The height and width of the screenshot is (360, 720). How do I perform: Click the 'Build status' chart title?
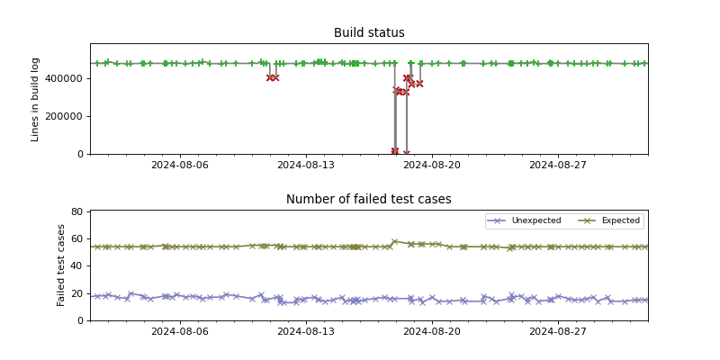(x=369, y=33)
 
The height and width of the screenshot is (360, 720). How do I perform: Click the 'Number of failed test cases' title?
(x=369, y=200)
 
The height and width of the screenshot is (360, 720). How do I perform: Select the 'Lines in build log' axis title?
(x=36, y=99)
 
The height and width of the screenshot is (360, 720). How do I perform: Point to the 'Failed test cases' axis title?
(x=62, y=265)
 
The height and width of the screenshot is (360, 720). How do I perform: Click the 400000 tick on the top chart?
(x=66, y=78)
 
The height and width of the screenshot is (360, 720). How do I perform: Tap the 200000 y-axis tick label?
(x=66, y=116)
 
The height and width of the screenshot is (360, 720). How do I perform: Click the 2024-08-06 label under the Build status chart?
(x=179, y=165)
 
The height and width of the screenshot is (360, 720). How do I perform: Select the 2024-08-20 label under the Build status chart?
(x=432, y=165)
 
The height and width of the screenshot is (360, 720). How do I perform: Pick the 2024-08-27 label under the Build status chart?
(x=558, y=165)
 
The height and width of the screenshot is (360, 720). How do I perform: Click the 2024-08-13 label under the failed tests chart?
(x=305, y=331)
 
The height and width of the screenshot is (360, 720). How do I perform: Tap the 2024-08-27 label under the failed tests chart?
(x=558, y=331)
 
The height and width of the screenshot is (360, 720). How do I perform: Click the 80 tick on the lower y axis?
(x=77, y=211)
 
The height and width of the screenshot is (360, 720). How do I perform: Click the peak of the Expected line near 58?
(x=394, y=241)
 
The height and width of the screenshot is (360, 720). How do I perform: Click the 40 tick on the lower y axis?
(x=77, y=266)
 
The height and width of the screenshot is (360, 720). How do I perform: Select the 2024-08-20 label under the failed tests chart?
(x=432, y=331)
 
